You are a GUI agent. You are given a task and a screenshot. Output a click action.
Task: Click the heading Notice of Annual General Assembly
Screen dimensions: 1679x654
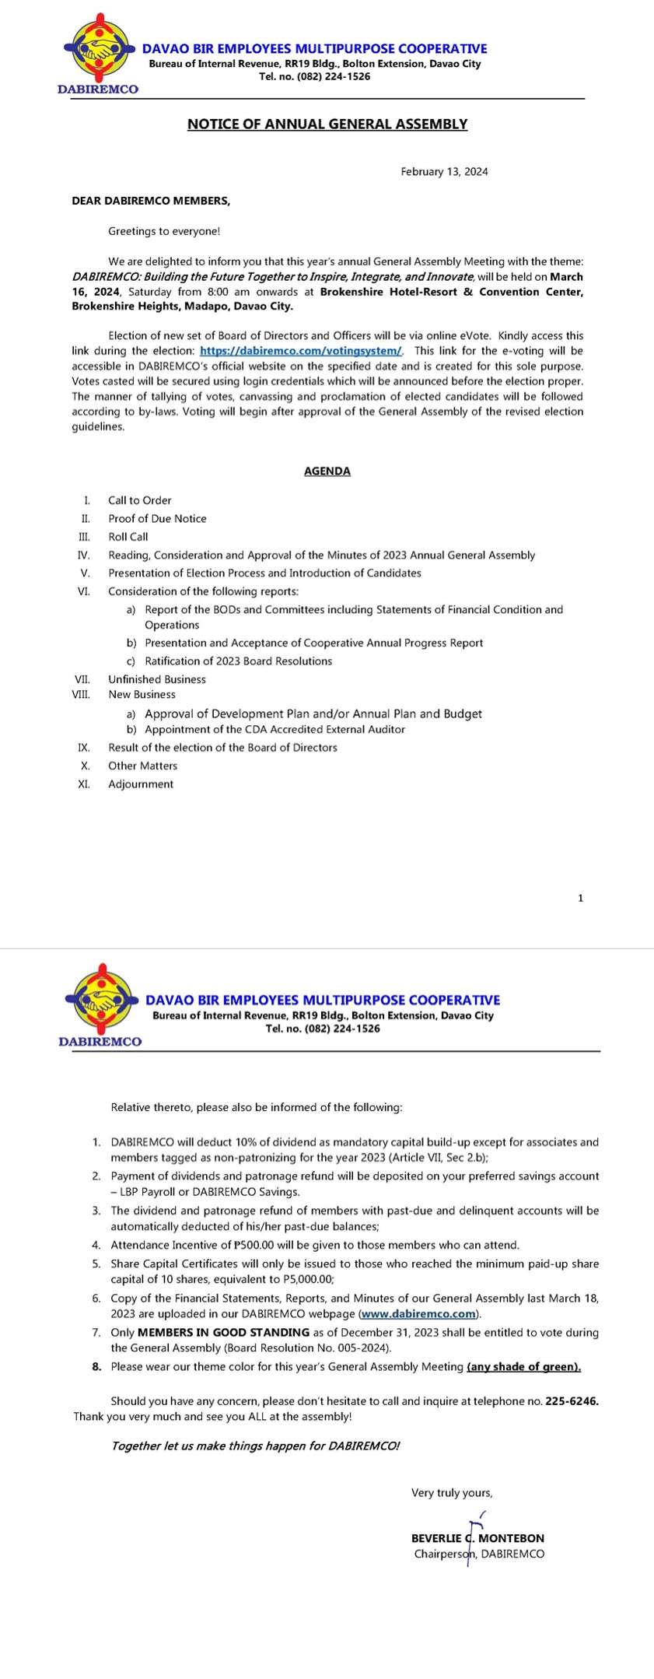pos(327,124)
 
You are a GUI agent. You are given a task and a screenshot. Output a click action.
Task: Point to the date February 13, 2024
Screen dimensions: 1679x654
pos(444,172)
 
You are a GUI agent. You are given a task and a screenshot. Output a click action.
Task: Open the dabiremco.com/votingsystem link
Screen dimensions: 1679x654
pos(300,351)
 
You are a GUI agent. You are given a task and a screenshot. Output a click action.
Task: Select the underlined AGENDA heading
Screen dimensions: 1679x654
pos(327,471)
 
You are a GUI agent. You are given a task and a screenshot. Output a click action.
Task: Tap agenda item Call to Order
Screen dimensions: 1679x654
pos(140,500)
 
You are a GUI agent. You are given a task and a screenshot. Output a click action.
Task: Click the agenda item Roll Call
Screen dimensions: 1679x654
pos(128,537)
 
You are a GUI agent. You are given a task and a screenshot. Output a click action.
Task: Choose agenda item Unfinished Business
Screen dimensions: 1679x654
pos(157,679)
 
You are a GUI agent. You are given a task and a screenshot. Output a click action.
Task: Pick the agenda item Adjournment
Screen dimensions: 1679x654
pos(141,784)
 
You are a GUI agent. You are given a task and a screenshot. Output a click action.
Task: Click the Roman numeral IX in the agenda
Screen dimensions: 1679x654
pos(84,748)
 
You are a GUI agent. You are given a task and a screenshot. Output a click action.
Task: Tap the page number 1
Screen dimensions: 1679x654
pos(580,899)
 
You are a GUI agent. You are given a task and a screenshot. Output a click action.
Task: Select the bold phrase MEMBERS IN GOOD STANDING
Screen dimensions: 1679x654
pos(223,1333)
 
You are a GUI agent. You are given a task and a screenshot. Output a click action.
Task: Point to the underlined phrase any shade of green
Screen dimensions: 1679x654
pos(523,1367)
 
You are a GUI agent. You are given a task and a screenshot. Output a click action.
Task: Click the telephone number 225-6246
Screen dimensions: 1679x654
pos(572,1401)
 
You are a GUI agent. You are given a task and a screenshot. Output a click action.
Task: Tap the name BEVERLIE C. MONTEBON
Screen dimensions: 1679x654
pos(477,1538)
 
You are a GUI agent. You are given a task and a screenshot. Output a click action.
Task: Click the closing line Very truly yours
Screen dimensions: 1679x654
pos(452,1493)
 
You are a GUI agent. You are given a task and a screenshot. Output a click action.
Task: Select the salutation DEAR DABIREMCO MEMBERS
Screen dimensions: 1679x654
pos(151,201)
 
